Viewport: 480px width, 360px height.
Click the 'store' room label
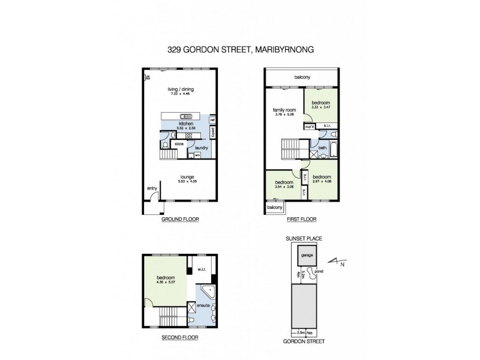tap(178, 144)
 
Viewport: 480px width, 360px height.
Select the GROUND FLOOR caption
tap(180, 220)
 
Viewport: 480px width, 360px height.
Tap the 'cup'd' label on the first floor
tap(310, 127)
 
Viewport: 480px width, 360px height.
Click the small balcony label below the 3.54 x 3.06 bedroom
tap(274, 208)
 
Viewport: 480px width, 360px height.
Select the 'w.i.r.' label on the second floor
tap(202, 269)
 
